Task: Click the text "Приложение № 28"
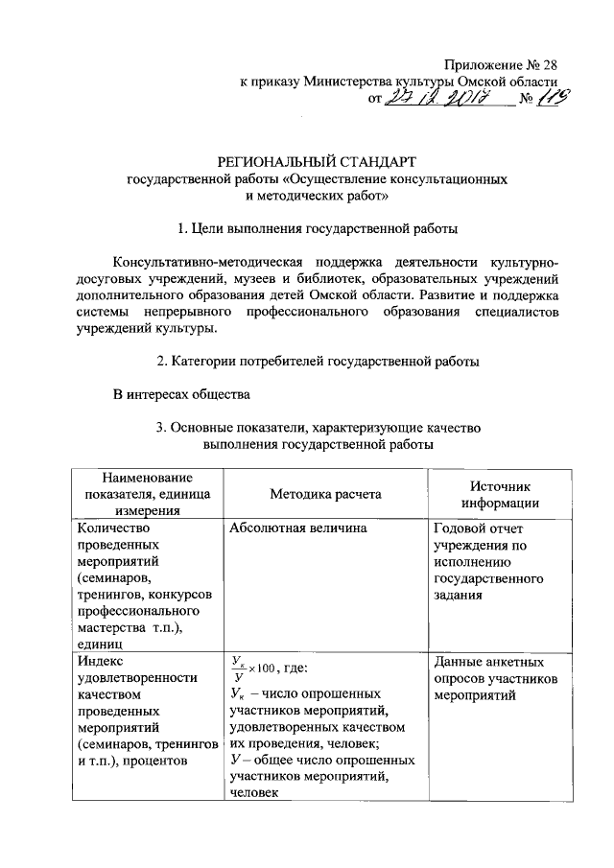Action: point(497,64)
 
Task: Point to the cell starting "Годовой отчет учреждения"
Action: point(488,561)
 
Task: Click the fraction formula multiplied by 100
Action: point(254,666)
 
